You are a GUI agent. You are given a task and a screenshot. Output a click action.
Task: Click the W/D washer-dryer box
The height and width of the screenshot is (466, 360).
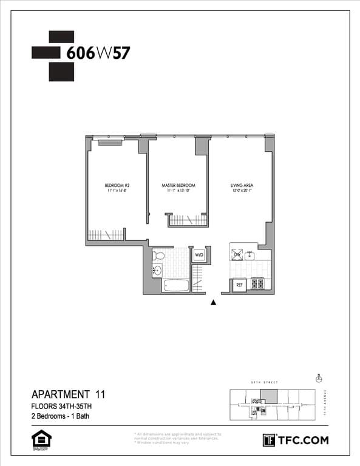(x=199, y=255)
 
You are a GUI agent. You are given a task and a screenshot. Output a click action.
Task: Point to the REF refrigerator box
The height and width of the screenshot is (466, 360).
(x=239, y=284)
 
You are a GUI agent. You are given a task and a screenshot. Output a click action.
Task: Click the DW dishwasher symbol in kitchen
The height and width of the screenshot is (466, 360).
(x=238, y=254)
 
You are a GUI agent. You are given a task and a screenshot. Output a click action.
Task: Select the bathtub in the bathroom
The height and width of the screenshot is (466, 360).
(x=177, y=285)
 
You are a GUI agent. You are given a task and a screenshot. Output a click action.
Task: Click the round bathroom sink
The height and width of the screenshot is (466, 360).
(x=158, y=271)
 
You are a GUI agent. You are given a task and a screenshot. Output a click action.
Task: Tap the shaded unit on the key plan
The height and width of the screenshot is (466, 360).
(x=268, y=396)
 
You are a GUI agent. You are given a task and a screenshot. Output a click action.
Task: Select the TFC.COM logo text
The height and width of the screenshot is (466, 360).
(x=302, y=440)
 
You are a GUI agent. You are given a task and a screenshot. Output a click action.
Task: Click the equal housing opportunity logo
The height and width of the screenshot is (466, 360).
(x=41, y=440)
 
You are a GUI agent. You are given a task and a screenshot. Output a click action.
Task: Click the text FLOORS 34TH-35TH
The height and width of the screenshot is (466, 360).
(x=62, y=405)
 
